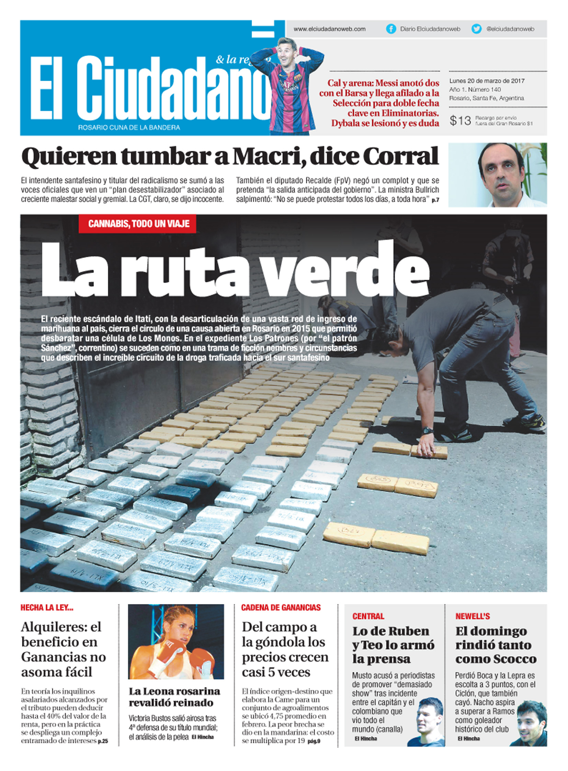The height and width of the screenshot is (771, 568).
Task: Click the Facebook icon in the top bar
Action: [391, 29]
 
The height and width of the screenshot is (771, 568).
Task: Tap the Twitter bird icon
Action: [477, 29]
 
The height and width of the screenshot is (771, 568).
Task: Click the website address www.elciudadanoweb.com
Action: [329, 29]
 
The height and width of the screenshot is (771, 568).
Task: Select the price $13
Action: [460, 120]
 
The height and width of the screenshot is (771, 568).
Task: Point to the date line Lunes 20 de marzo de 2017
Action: [487, 81]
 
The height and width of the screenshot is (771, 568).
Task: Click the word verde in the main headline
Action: [347, 271]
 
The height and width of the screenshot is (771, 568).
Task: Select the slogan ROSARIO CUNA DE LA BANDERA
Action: [129, 127]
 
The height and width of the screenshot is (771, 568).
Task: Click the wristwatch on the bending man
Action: [428, 431]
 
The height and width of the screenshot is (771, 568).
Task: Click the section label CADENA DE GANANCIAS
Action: [281, 607]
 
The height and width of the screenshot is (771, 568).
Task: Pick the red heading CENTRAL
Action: [368, 616]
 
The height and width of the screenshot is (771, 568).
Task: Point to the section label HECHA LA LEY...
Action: [47, 607]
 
